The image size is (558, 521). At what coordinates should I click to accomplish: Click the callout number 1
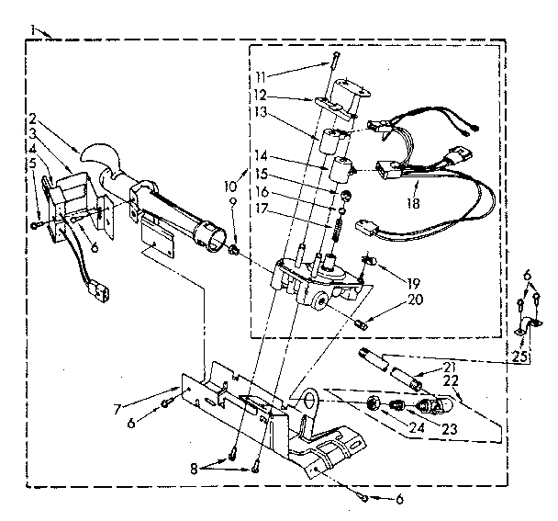[33, 31]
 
